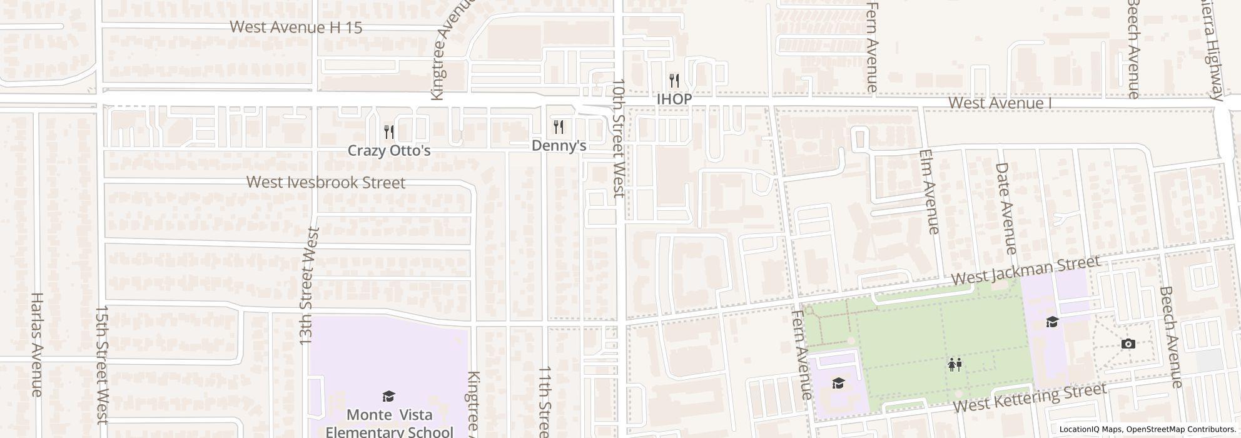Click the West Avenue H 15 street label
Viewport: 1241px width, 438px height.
(x=296, y=28)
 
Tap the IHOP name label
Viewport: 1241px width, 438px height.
(x=674, y=99)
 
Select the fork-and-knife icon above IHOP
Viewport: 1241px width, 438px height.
(x=674, y=81)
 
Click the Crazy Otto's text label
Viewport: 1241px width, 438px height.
(x=389, y=151)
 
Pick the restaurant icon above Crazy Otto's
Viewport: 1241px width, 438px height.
(x=389, y=131)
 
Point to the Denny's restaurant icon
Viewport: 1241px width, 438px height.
(x=559, y=128)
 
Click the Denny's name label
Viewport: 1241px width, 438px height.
(x=559, y=146)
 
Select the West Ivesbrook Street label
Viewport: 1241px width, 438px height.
(x=326, y=183)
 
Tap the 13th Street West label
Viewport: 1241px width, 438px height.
(x=309, y=286)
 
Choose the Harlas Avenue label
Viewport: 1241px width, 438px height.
(x=36, y=344)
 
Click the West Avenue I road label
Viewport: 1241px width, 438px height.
(x=999, y=103)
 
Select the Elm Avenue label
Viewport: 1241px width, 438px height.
(x=929, y=192)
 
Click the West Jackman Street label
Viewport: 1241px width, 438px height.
(x=1025, y=271)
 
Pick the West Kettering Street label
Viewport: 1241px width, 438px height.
(x=1029, y=399)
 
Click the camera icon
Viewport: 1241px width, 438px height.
(x=1128, y=344)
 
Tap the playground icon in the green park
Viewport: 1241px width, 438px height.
(x=955, y=364)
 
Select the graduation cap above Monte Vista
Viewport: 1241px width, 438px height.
(x=388, y=396)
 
